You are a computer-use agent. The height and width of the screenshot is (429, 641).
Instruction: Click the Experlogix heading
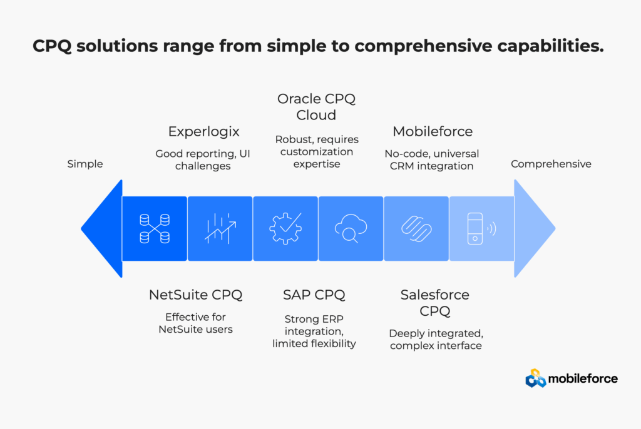click(203, 131)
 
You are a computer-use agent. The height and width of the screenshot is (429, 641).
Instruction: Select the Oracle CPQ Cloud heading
click(316, 107)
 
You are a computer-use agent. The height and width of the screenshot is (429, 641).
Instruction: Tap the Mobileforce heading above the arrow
click(433, 131)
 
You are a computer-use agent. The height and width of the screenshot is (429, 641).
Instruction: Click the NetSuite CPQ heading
click(195, 295)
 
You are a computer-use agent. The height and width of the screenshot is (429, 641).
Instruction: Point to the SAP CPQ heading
click(314, 295)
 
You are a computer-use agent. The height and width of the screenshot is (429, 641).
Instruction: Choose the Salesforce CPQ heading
click(434, 303)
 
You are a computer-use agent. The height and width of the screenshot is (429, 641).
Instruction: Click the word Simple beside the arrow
click(85, 164)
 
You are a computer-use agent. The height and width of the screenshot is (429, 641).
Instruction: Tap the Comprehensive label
click(551, 164)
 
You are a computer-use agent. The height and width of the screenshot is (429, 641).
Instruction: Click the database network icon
click(155, 229)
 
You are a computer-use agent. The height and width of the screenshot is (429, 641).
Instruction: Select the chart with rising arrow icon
click(220, 229)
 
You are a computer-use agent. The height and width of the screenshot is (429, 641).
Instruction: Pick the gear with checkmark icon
click(285, 228)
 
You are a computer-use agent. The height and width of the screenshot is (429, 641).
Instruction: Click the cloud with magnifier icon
click(351, 228)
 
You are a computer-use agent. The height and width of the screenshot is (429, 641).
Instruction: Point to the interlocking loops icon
click(416, 229)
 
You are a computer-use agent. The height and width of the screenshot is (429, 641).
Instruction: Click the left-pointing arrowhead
click(102, 229)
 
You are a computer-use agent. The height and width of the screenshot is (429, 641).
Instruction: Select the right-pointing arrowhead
click(535, 228)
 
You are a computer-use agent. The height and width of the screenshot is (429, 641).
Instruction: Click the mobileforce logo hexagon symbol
click(536, 378)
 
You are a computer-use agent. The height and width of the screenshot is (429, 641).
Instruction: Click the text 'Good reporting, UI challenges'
click(203, 159)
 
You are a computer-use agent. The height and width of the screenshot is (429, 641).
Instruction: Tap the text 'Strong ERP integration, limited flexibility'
click(314, 331)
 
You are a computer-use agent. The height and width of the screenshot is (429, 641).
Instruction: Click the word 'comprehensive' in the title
click(423, 46)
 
